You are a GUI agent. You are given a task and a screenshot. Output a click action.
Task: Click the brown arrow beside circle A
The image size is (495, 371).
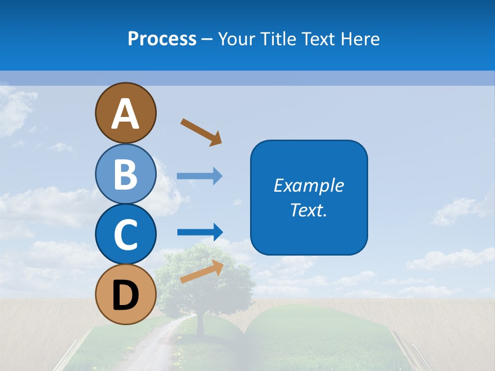tap(201, 132)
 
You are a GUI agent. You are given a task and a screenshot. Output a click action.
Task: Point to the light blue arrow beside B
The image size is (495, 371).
tap(199, 176)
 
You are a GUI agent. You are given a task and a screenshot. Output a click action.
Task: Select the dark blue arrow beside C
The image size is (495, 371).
tap(200, 232)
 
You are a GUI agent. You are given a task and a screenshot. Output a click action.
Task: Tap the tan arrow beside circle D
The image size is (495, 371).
tap(201, 272)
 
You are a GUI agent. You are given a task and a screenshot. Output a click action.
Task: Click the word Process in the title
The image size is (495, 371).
tap(162, 39)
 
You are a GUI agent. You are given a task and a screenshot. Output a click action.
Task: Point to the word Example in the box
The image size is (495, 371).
tap(309, 185)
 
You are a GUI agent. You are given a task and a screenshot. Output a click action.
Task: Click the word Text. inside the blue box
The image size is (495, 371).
tap(309, 210)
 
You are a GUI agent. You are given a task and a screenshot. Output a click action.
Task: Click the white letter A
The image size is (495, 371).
tap(126, 113)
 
